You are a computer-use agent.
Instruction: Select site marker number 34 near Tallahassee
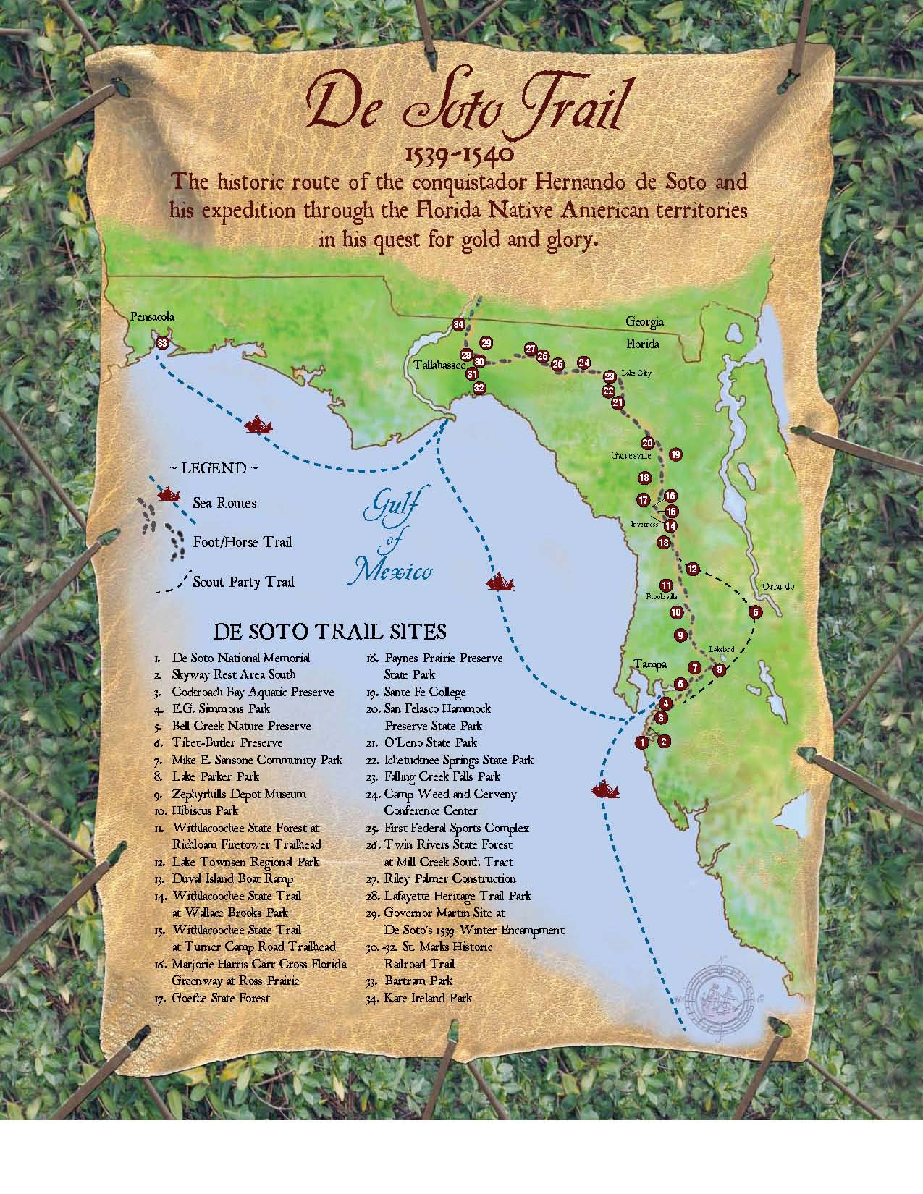[458, 324]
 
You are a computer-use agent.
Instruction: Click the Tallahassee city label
[439, 366]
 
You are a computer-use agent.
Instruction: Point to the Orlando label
[777, 586]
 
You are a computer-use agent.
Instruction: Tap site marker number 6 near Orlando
[755, 612]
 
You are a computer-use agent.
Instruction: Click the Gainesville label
[631, 456]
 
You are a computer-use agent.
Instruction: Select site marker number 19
[675, 454]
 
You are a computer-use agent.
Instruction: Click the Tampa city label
[649, 664]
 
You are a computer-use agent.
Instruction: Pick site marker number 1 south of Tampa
[640, 742]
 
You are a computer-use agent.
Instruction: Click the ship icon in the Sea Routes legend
[168, 496]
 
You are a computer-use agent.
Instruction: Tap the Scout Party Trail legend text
[243, 582]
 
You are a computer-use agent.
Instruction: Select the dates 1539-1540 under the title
[461, 154]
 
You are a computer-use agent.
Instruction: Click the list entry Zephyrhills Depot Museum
[239, 794]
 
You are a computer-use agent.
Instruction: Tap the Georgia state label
[645, 321]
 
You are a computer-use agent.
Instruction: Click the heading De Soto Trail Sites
[329, 632]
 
